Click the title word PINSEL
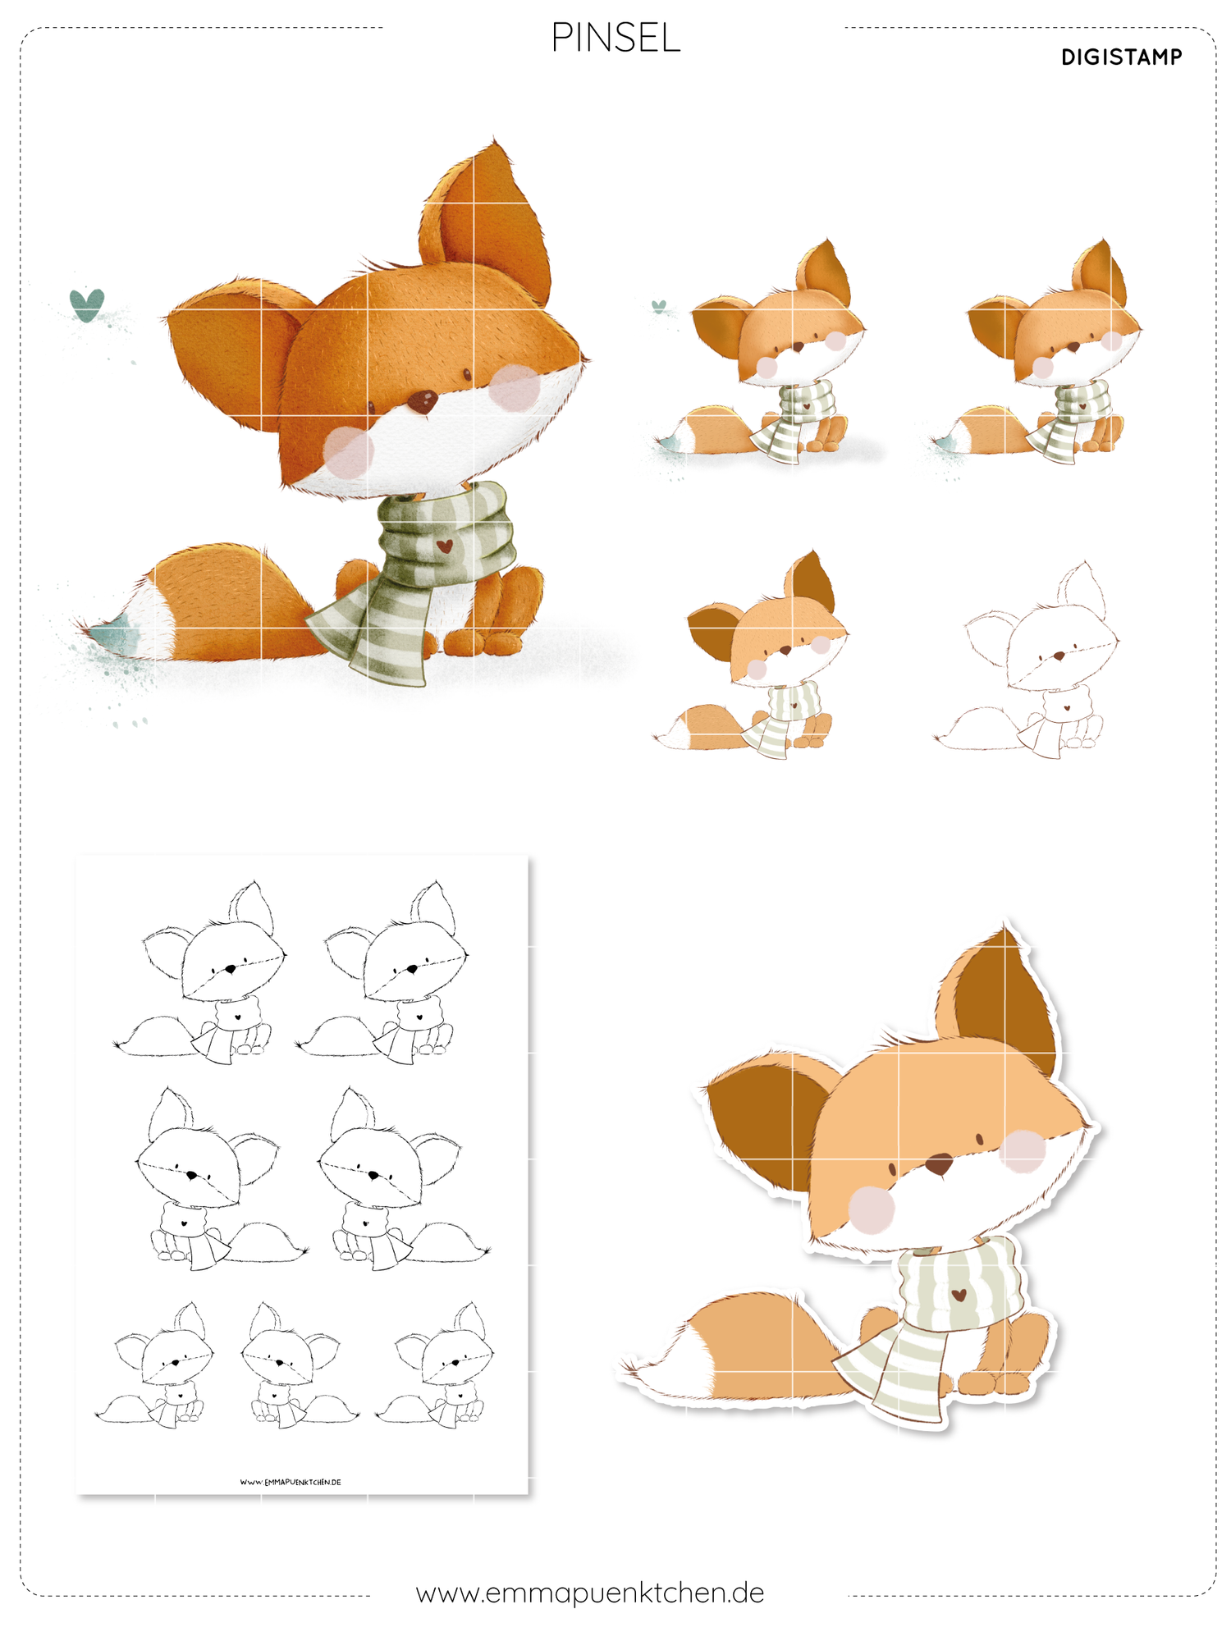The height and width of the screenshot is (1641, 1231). click(615, 38)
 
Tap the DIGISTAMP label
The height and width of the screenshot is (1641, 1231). click(1121, 57)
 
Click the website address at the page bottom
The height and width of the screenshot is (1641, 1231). click(590, 1593)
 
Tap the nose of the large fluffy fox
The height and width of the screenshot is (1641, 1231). click(423, 401)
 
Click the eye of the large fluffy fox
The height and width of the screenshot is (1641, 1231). click(467, 374)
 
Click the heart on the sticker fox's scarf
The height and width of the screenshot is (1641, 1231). click(958, 1296)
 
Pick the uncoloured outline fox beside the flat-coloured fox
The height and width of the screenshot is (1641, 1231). click(1027, 660)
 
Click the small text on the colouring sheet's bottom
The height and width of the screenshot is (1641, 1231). click(291, 1482)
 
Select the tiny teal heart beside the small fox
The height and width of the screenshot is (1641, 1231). click(658, 307)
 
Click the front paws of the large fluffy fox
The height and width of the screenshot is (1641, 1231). click(484, 640)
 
